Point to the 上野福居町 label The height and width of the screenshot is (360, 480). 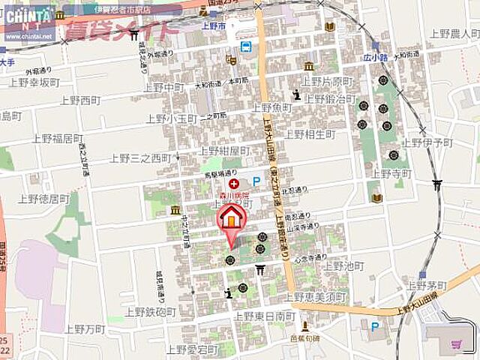[57, 138]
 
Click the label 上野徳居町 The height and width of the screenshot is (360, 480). [44, 199]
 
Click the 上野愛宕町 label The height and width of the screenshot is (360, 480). [191, 349]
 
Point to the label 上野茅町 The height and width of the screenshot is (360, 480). [426, 285]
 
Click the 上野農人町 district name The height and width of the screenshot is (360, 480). [451, 34]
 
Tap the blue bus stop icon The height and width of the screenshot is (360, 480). [244, 46]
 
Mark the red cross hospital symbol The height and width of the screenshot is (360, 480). [234, 183]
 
